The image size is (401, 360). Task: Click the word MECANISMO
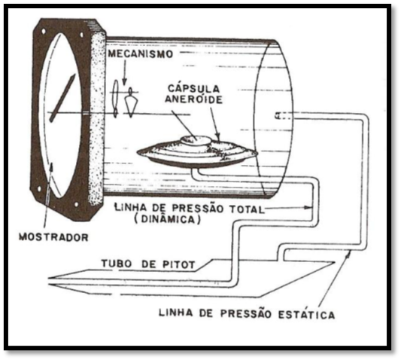(141, 54)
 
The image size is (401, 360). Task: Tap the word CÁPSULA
(194, 89)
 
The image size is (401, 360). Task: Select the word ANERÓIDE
(193, 99)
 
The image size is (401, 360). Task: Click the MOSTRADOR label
(53, 237)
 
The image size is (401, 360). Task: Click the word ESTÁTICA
(306, 314)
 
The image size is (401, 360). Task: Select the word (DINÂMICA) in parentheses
(167, 219)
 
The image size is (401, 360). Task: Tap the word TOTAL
(246, 209)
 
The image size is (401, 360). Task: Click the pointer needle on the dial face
(62, 97)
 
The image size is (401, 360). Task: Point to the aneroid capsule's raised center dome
(196, 140)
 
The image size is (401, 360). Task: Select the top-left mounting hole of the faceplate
(44, 32)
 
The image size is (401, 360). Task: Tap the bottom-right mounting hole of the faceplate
(76, 205)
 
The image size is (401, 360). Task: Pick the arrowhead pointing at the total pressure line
(308, 207)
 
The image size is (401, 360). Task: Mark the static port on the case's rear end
(277, 116)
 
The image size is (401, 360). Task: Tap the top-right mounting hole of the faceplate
(81, 35)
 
